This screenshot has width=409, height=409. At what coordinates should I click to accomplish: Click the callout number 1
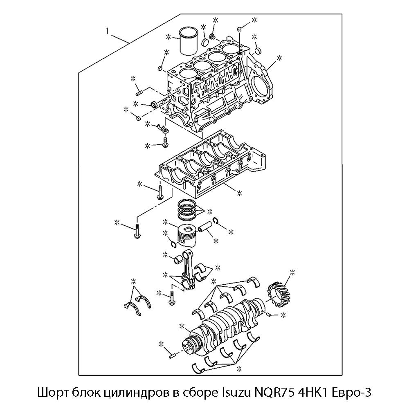107,31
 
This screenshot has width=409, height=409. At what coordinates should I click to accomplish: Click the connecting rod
187,269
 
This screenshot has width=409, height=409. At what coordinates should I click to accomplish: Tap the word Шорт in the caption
53,393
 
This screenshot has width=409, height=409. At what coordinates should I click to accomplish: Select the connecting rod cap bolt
172,298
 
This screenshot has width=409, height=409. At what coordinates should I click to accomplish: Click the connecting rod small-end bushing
178,260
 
